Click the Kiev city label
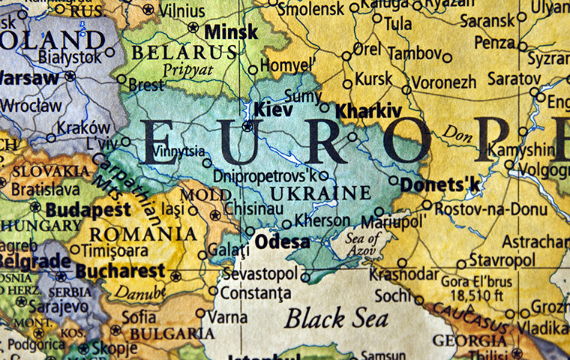tap(273, 110)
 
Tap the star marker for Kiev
tap(247, 126)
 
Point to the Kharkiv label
tap(367, 111)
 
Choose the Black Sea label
tap(336, 317)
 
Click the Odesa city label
tap(282, 242)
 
